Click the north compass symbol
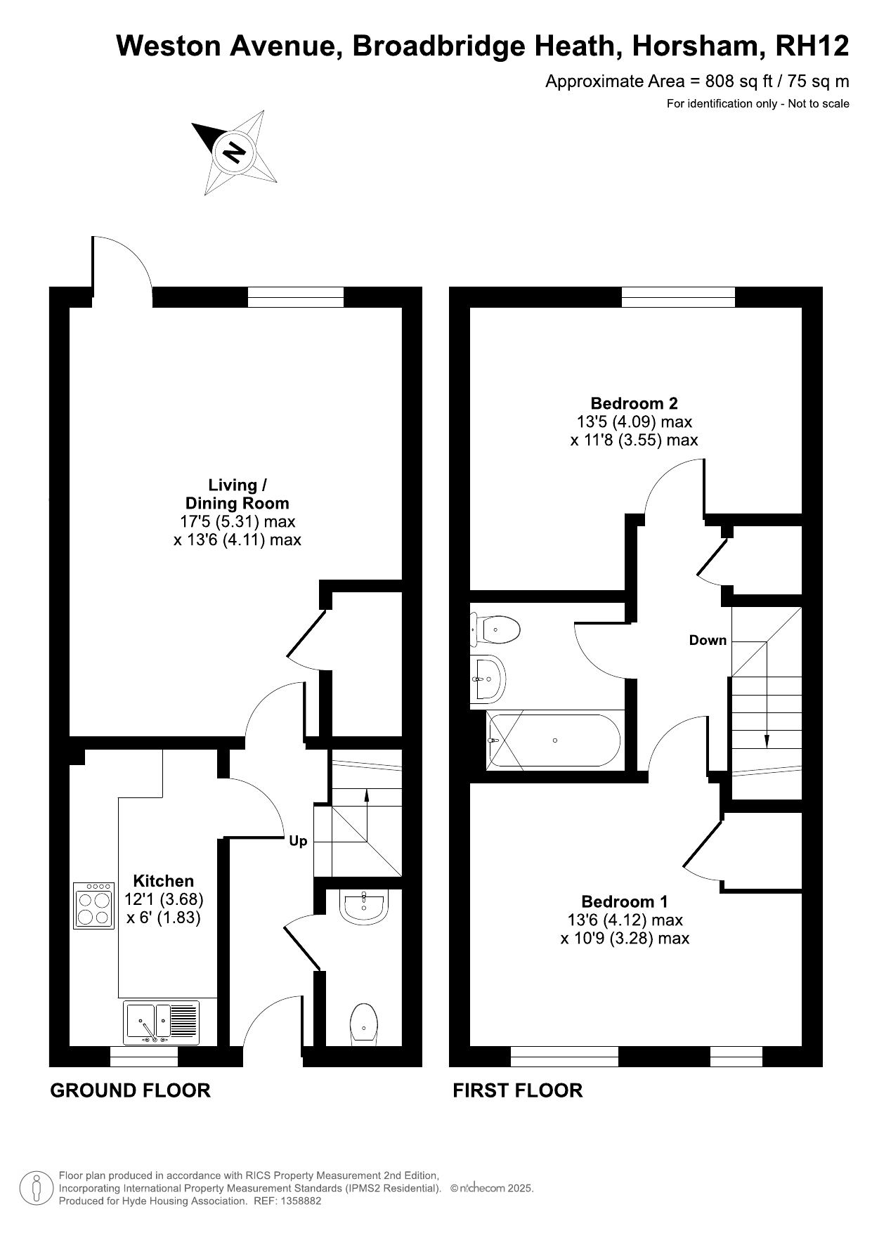point(235,152)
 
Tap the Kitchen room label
point(164,881)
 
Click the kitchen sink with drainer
point(162,1023)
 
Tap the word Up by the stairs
point(298,841)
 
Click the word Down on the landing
point(708,640)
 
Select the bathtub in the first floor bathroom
point(554,741)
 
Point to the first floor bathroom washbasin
point(488,679)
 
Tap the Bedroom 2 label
point(634,403)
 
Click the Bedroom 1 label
point(625,901)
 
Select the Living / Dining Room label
point(237,494)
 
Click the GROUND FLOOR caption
point(131,1090)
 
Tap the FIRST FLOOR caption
point(518,1090)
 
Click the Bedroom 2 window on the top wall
point(678,297)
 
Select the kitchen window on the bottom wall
point(144,1057)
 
